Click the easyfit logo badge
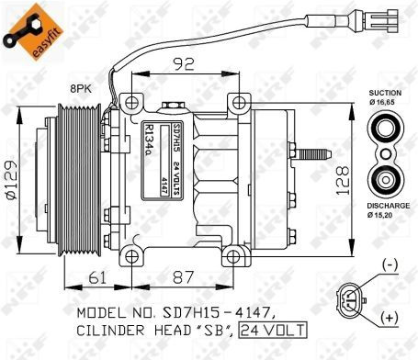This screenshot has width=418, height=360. (x=33, y=31)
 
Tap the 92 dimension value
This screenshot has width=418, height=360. (x=184, y=64)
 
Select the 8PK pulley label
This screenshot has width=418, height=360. (x=81, y=89)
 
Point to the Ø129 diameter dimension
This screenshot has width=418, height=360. (x=11, y=179)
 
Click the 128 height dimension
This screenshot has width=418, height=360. (x=343, y=180)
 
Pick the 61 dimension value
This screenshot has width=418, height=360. (x=97, y=277)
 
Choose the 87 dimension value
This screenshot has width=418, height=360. (x=183, y=277)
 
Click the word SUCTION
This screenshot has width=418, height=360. (x=385, y=93)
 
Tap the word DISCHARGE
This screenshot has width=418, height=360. (x=389, y=206)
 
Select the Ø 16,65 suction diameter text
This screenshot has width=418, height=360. (x=382, y=102)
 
